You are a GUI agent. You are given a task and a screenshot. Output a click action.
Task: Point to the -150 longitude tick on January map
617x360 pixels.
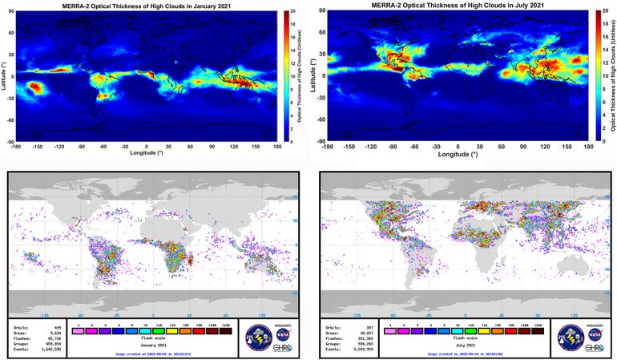[x=36, y=147]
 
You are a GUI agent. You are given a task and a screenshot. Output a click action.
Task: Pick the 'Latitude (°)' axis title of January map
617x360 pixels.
[x=4, y=76]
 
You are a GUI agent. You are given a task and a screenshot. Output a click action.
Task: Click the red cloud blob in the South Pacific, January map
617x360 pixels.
[x=36, y=86]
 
